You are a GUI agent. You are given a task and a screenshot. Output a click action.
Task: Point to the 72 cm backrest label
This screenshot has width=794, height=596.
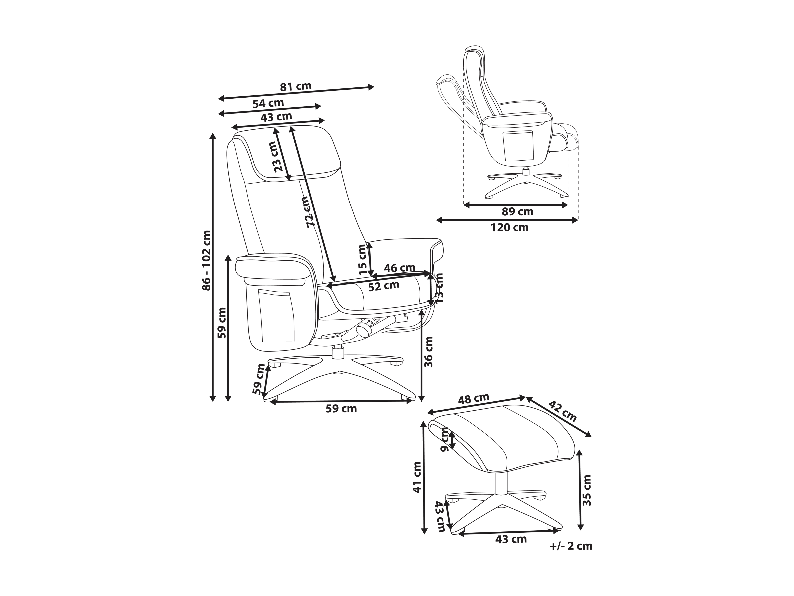308,212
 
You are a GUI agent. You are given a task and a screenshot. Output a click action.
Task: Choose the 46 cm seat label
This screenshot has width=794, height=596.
399,268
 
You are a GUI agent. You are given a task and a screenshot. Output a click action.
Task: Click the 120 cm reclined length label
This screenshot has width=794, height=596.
510,227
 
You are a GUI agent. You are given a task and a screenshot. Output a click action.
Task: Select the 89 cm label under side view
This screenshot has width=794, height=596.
517,212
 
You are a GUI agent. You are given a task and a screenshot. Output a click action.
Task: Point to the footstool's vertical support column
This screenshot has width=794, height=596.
501,484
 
